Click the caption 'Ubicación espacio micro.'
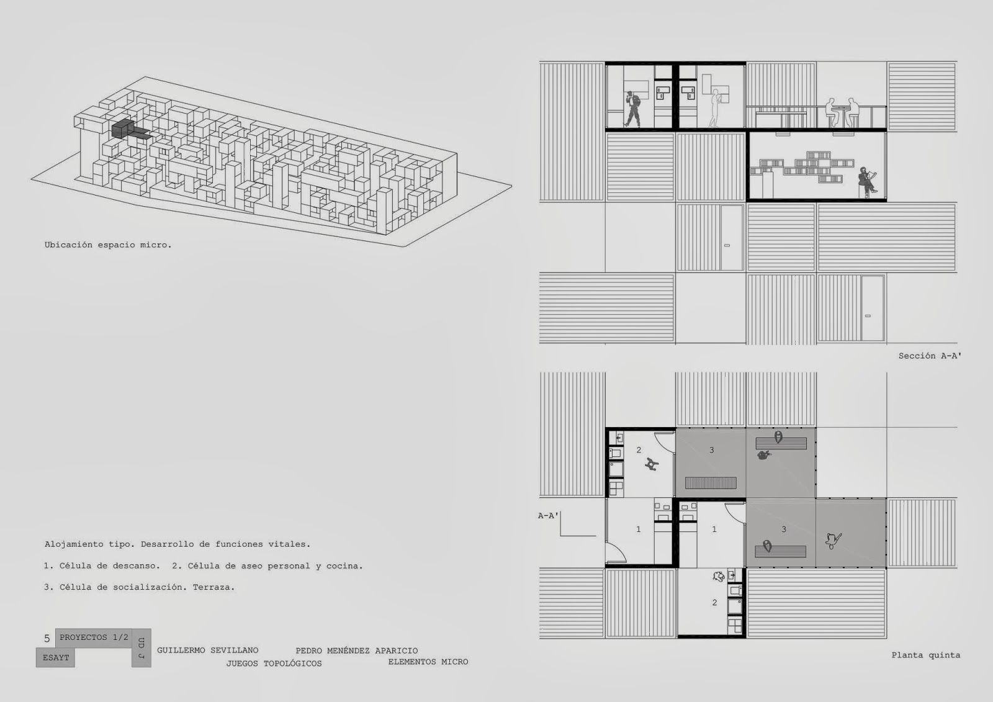coord(108,245)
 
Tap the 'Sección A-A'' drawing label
coord(930,356)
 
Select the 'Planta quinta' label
coord(926,655)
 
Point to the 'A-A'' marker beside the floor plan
coord(549,515)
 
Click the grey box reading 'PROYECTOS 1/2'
coord(94,637)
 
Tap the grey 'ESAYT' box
coord(55,658)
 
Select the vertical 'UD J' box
coord(142,648)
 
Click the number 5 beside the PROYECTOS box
coord(47,639)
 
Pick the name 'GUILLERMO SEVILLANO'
coord(207,650)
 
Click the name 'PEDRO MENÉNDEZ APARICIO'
coord(357,650)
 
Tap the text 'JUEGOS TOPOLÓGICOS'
coord(274,664)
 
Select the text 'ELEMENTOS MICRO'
coord(428,662)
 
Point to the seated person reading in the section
coord(867,182)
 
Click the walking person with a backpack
coord(632,109)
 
